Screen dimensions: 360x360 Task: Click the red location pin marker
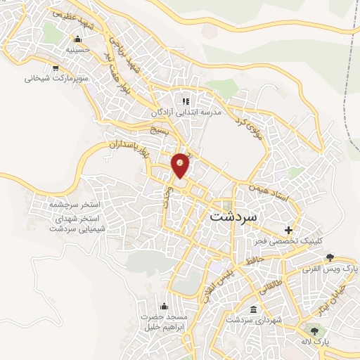point(181,165)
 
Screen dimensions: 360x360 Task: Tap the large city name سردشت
point(234,217)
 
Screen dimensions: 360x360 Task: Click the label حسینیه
point(78,50)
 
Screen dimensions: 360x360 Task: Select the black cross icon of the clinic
point(288,230)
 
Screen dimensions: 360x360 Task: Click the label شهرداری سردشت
point(254,320)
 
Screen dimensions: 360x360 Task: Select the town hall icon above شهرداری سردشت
point(253,309)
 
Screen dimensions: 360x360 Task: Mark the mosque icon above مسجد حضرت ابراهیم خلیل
point(165,305)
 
